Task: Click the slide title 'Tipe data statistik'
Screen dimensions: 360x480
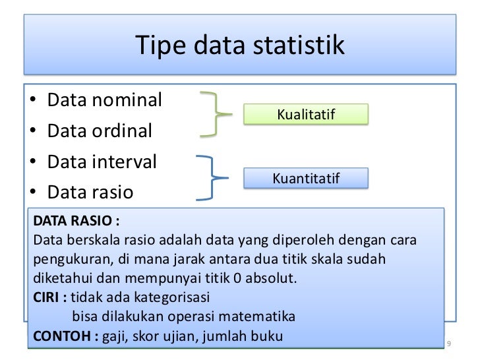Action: (240, 45)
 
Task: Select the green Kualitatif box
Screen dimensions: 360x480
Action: (306, 115)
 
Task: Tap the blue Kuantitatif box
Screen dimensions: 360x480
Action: (306, 178)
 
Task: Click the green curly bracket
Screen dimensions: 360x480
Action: (216, 114)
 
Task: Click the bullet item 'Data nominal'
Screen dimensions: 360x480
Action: (104, 100)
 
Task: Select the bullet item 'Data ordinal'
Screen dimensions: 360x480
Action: (99, 131)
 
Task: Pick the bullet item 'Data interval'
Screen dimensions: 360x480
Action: (102, 162)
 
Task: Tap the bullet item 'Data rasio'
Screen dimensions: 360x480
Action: (90, 192)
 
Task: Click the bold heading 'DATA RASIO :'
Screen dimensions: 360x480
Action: (76, 220)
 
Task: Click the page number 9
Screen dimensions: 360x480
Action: (449, 345)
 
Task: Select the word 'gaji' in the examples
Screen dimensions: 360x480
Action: (117, 336)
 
